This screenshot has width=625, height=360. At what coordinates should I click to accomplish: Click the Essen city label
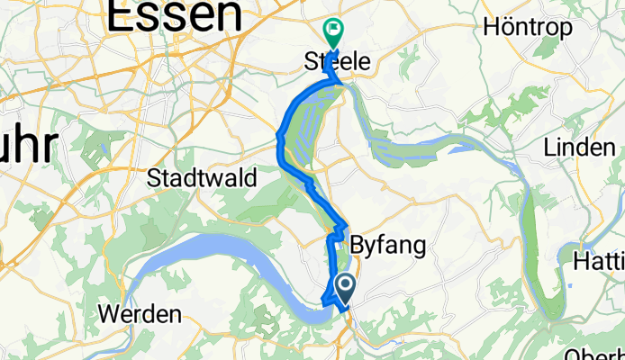[175, 15]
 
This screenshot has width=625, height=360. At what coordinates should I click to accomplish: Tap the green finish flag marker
[333, 31]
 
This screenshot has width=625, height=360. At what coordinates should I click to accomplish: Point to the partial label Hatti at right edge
[600, 262]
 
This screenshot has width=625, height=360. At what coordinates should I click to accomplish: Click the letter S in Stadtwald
[153, 175]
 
